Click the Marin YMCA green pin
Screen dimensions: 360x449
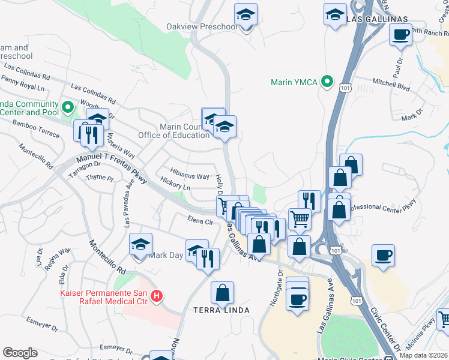[x=327, y=82]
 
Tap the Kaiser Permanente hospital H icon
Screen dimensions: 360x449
[x=157, y=296]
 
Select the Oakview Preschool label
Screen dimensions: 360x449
[x=202, y=27]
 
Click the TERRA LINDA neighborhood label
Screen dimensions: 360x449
[x=221, y=310]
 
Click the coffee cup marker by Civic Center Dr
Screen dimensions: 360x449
[x=382, y=256]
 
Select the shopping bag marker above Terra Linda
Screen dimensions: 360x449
[x=223, y=293]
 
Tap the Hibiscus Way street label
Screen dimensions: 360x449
[x=190, y=176]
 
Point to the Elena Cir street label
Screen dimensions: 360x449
[x=200, y=221]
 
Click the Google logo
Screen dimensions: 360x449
[x=20, y=353]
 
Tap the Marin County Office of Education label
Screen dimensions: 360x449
[x=184, y=131]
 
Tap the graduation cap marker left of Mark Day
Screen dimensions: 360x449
[x=140, y=244]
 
